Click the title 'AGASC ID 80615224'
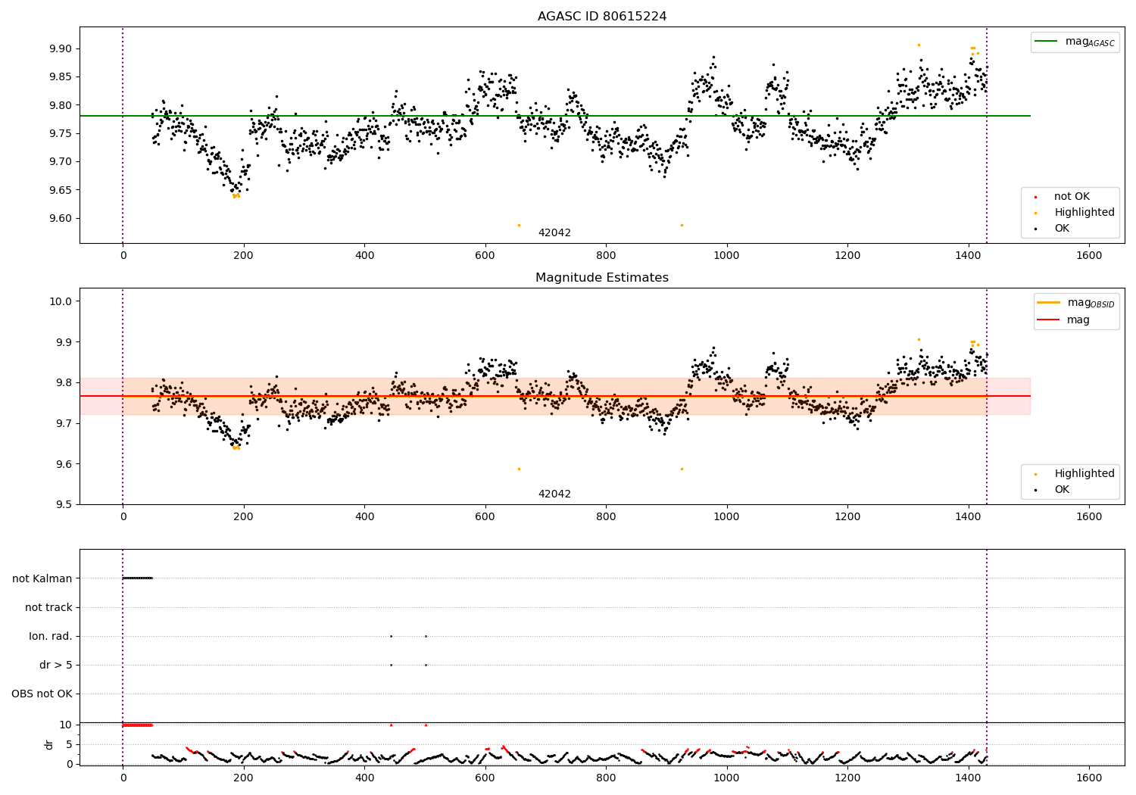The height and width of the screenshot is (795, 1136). (x=602, y=17)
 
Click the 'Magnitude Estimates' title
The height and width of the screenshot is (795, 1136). (x=602, y=278)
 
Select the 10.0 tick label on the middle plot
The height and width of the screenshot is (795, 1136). (x=61, y=301)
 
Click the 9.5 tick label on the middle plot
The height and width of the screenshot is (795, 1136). (x=63, y=505)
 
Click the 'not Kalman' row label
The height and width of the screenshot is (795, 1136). (x=42, y=578)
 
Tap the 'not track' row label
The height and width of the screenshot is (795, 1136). (x=48, y=607)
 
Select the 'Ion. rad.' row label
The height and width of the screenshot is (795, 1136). (x=51, y=636)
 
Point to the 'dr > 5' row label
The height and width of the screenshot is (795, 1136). (x=56, y=665)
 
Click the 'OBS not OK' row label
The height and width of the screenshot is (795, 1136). (x=42, y=694)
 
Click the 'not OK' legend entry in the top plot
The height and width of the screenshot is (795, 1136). (x=1072, y=197)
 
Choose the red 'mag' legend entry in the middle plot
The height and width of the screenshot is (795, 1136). (x=1078, y=320)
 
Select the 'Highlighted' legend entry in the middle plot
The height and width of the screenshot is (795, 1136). (x=1084, y=473)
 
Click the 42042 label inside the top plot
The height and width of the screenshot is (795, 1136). (x=554, y=232)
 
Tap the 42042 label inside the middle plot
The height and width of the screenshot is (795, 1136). (x=554, y=494)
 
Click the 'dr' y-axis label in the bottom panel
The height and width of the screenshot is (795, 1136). (x=49, y=744)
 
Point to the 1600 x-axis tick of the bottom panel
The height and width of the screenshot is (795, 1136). (x=1089, y=778)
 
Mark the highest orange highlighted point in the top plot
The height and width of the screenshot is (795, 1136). (x=919, y=45)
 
